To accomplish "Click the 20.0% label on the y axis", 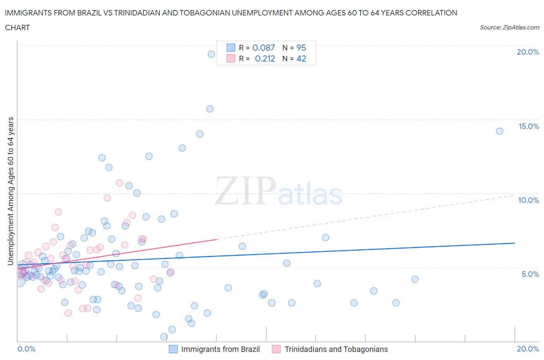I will click(528, 52).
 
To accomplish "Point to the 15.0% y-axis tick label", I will click(529, 126).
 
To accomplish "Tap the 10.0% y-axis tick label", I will click(529, 200).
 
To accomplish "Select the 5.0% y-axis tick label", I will click(530, 274).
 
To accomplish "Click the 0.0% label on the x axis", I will click(26, 349).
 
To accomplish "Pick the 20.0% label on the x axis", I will click(528, 349).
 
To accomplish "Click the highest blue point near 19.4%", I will click(211, 54).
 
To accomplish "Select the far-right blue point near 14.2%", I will click(500, 131).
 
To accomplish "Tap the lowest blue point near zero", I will click(164, 337).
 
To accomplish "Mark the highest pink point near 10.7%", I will click(120, 183).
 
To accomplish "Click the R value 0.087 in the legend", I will click(263, 48).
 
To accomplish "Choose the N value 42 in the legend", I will click(301, 58).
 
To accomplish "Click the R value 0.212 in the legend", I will click(265, 58).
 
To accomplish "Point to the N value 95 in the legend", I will click(301, 48).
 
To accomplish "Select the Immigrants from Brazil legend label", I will click(220, 349).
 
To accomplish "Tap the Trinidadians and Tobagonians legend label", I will click(336, 349).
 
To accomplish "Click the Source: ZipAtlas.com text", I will click(509, 27).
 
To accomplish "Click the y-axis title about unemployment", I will click(11, 191).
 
